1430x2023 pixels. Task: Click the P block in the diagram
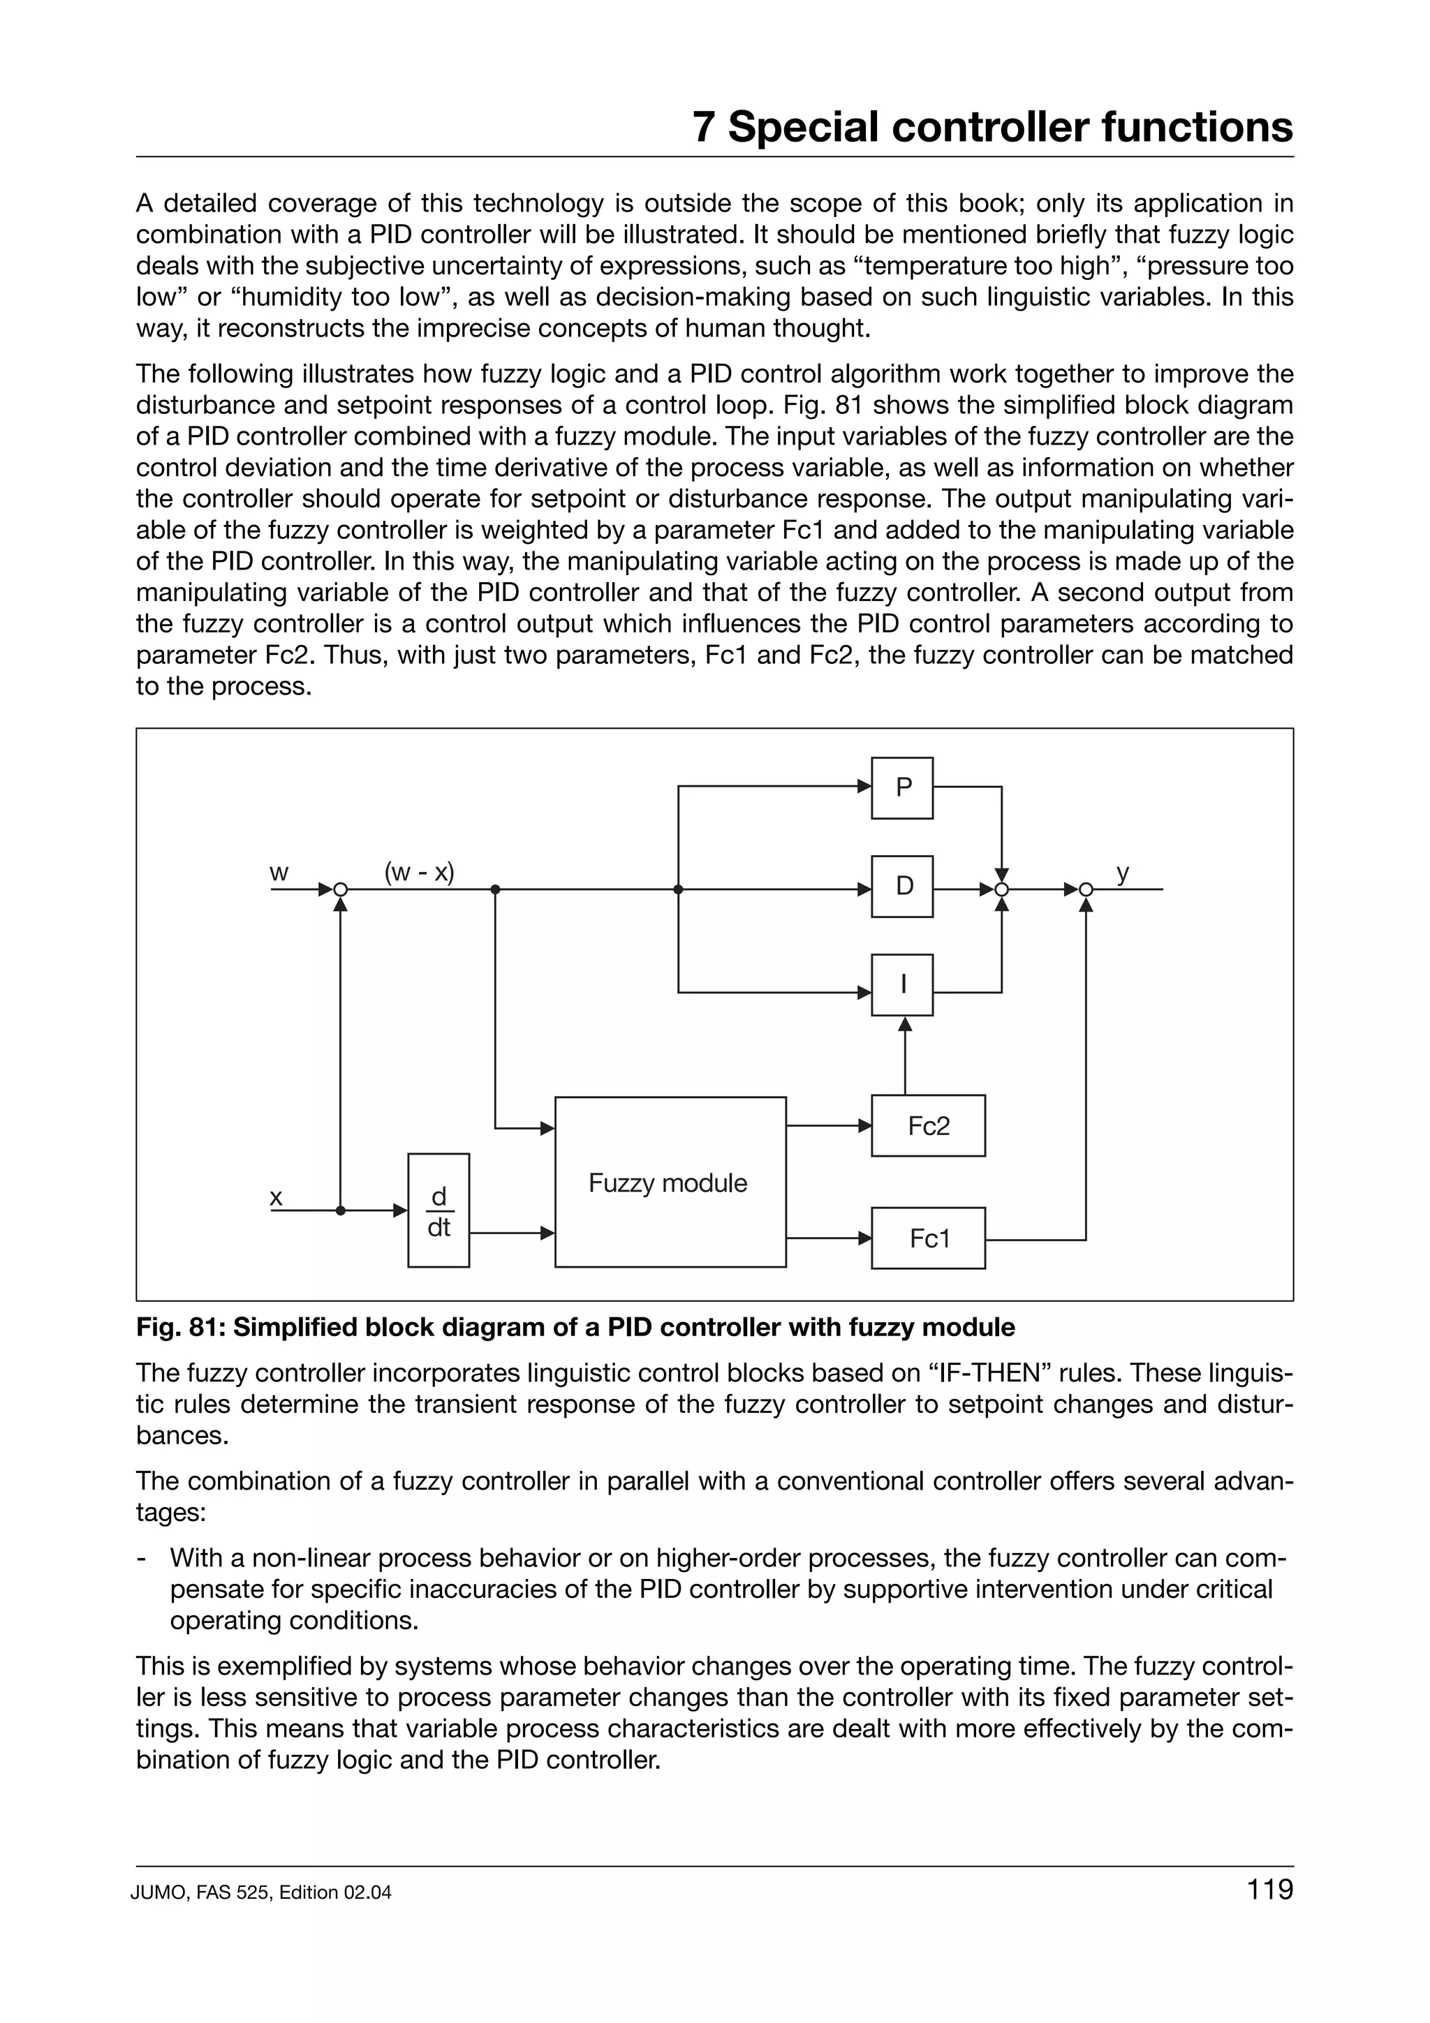[x=901, y=787]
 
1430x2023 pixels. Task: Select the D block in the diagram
[x=901, y=887]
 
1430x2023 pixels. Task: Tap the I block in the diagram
[x=901, y=985]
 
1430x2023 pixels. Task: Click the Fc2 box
[x=928, y=1126]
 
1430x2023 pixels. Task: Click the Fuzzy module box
[x=670, y=1183]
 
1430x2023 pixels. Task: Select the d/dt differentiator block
[x=438, y=1210]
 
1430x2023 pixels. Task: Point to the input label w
[x=279, y=873]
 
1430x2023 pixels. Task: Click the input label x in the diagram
[x=276, y=1197]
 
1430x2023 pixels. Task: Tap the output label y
[x=1123, y=873]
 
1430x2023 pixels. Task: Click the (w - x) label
[x=420, y=873]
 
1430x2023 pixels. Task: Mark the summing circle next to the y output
[x=1086, y=890]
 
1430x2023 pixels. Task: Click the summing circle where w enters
[x=340, y=890]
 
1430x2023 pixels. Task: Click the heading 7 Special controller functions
[x=992, y=127]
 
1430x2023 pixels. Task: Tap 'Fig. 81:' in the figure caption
[x=181, y=1327]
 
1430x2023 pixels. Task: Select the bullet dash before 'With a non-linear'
[x=141, y=1559]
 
